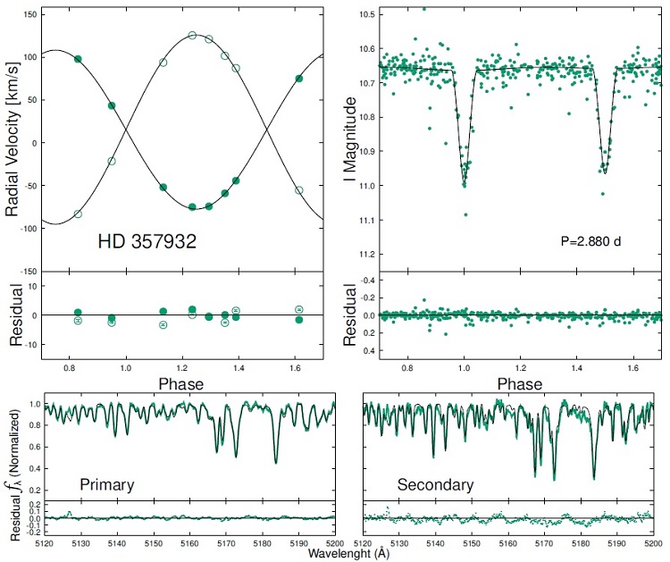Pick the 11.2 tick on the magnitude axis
(365, 255)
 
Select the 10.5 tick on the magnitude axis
(365, 15)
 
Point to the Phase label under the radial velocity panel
(180, 384)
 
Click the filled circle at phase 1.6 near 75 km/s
(299, 79)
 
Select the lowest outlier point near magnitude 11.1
(465, 214)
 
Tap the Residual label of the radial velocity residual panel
(13, 315)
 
